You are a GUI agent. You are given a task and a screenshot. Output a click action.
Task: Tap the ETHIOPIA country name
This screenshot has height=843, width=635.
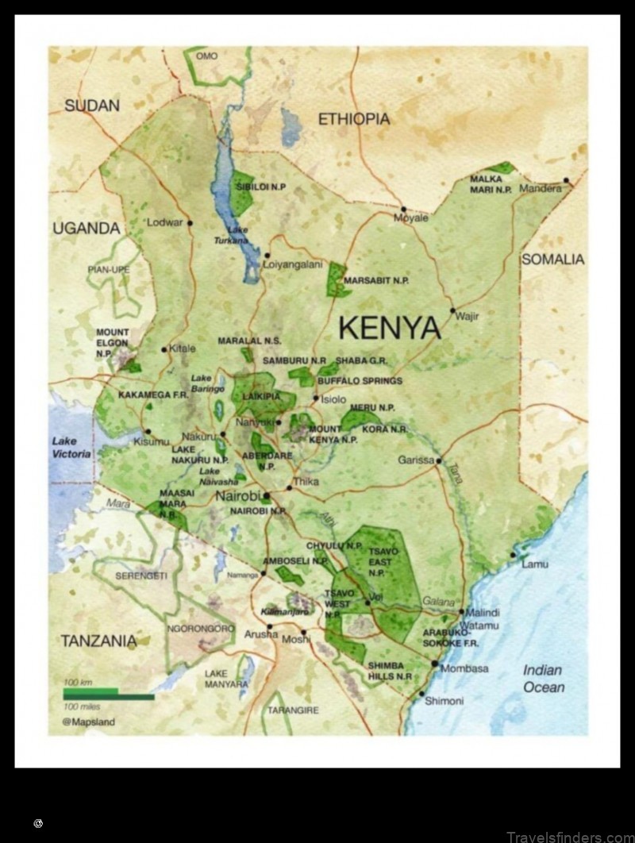click(x=354, y=119)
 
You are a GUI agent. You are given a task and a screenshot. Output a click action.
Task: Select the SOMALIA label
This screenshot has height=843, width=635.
click(x=552, y=260)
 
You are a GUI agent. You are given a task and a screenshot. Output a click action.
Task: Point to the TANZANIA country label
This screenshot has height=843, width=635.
click(x=99, y=641)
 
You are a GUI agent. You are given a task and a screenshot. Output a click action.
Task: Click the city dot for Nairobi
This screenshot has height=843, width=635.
click(x=267, y=495)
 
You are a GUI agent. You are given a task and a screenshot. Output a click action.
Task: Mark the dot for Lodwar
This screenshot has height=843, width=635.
click(x=190, y=223)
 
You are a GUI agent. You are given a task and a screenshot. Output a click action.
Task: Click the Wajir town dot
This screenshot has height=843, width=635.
click(x=452, y=310)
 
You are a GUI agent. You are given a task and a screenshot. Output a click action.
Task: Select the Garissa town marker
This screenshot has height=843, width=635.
click(x=437, y=460)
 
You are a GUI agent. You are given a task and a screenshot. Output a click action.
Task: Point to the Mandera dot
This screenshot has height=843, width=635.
click(x=567, y=181)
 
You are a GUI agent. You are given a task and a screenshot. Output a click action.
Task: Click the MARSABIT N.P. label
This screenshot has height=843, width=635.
click(x=376, y=281)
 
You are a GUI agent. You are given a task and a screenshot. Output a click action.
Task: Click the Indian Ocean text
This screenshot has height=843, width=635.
click(x=543, y=679)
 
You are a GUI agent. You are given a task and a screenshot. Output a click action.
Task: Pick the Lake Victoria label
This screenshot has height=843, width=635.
click(x=71, y=448)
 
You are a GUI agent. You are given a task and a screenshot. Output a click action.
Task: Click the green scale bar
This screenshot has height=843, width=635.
click(x=109, y=695)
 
